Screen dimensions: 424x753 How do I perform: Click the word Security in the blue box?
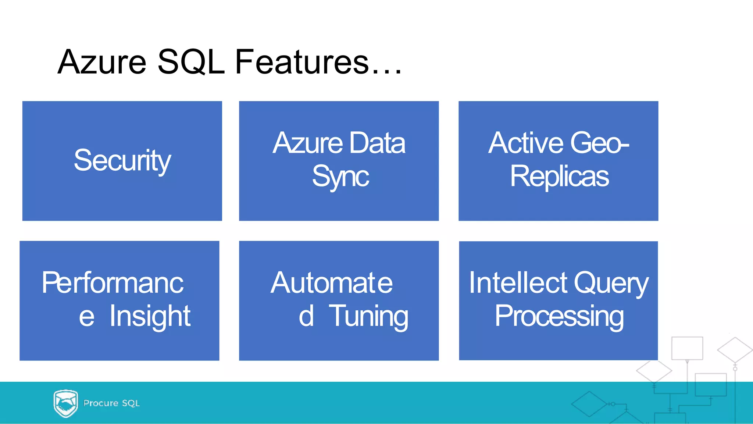coord(122,161)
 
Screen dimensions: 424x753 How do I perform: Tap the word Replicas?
coord(559,177)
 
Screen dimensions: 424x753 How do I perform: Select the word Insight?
coord(150,317)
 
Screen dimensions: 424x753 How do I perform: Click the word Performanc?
coord(112,282)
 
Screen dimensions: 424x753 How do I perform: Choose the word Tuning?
coord(368,317)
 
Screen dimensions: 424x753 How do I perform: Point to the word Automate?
coord(332,282)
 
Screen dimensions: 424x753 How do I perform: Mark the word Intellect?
coord(518,282)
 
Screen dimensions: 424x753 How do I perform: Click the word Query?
coord(611,283)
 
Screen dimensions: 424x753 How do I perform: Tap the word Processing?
coord(559,317)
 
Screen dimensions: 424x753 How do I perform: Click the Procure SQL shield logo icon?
coord(65,403)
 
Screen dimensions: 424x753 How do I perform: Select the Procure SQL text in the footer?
coord(111,403)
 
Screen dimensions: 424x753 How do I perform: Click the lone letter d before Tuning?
coord(306,316)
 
